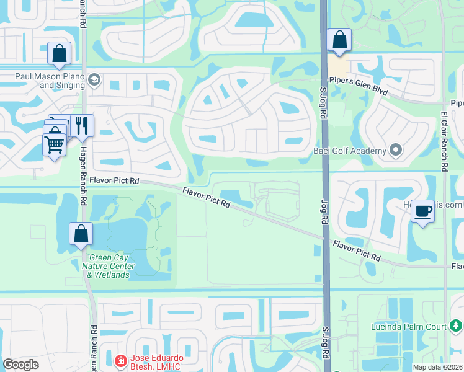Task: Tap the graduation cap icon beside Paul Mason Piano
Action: [x=94, y=79]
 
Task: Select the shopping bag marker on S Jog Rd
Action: [x=339, y=41]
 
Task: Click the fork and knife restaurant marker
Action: [x=81, y=126]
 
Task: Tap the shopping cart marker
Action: [x=54, y=145]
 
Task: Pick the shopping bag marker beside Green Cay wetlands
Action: [x=81, y=234]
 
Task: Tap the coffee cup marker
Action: [x=422, y=211]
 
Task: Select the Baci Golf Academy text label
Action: [x=354, y=150]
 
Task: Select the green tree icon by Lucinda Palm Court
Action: [x=457, y=325]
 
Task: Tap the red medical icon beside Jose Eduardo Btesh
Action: [x=120, y=360]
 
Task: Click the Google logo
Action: [x=21, y=365]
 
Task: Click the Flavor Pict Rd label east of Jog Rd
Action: [x=356, y=251]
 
